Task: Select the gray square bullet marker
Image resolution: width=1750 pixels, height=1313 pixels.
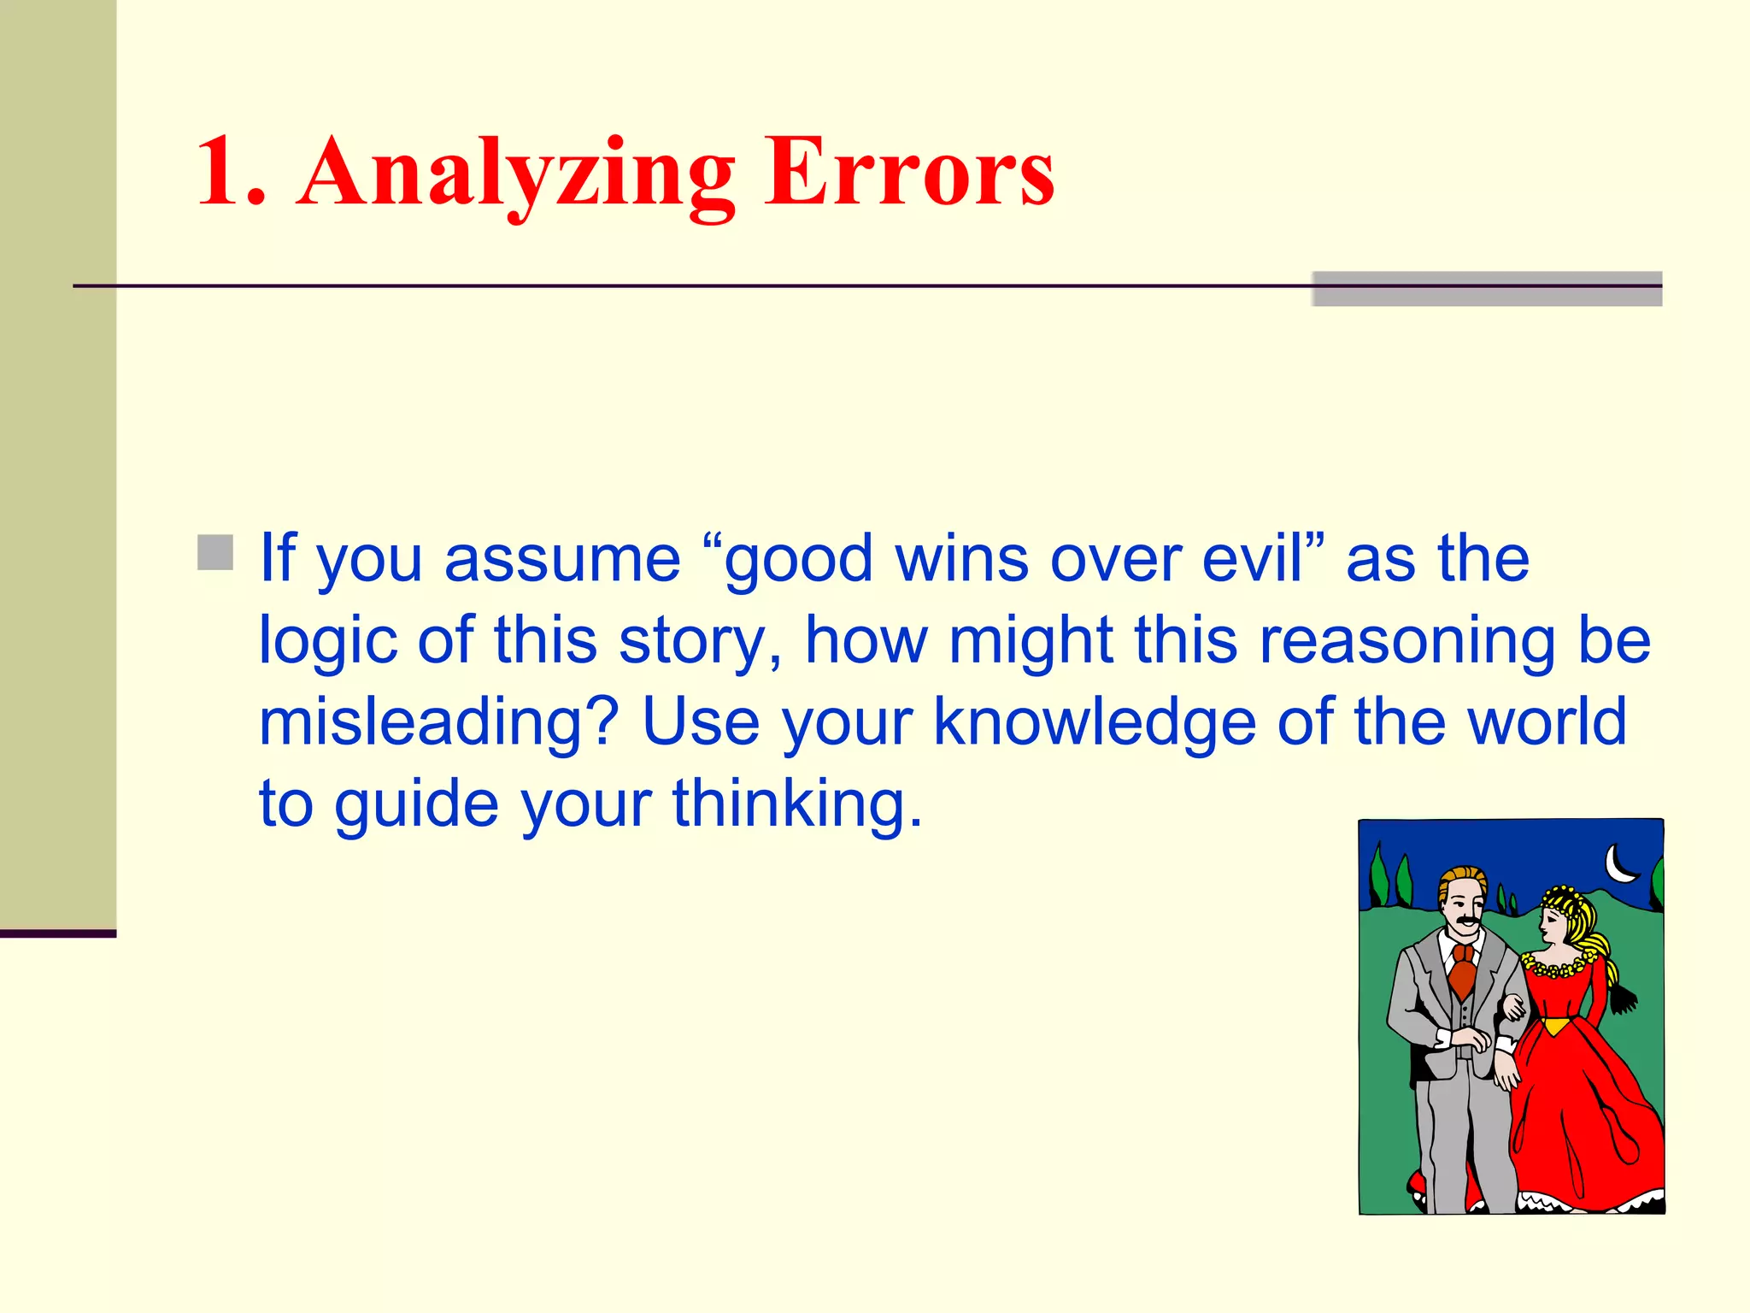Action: pyautogui.click(x=215, y=553)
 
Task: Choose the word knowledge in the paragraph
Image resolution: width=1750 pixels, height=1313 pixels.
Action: pyautogui.click(x=1094, y=722)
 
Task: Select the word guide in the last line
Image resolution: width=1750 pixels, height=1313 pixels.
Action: pyautogui.click(x=416, y=805)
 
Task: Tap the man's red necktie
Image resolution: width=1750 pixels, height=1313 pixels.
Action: pyautogui.click(x=1463, y=970)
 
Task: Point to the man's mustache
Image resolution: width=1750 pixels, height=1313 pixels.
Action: pyautogui.click(x=1466, y=921)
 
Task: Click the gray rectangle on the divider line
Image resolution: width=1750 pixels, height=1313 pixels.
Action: pyautogui.click(x=1487, y=289)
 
